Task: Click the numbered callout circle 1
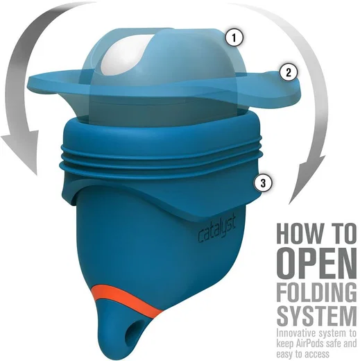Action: pos(234,37)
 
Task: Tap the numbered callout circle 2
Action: pos(289,72)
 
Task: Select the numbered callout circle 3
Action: pos(263,183)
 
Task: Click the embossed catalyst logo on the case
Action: pos(216,230)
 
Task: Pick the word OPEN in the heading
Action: pos(316,262)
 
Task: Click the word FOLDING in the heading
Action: pos(316,292)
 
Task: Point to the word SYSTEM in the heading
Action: pos(316,317)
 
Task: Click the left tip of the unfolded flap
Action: pos(28,80)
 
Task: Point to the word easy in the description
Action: pos(283,355)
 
